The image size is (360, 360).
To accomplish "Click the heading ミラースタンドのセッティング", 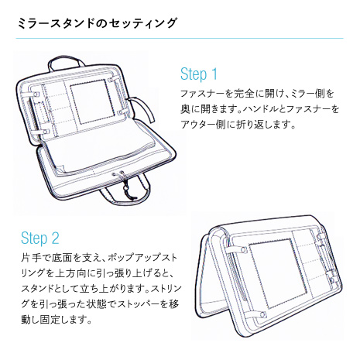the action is point(97,23).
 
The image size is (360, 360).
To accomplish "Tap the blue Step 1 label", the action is point(199,74).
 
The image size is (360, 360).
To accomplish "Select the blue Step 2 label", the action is point(40,238).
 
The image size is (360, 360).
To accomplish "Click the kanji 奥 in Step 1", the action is point(186,109).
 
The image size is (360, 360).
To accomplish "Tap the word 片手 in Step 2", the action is point(31,258).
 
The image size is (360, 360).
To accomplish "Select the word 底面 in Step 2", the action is point(62,258).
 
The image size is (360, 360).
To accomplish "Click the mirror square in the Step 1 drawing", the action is point(88,101).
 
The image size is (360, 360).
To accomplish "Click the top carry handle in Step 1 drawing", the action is point(67,62).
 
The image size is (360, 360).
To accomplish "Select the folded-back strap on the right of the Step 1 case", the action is point(143,109).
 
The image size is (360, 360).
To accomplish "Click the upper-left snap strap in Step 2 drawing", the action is point(236,249).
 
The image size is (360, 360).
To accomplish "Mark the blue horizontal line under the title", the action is point(180,39).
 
